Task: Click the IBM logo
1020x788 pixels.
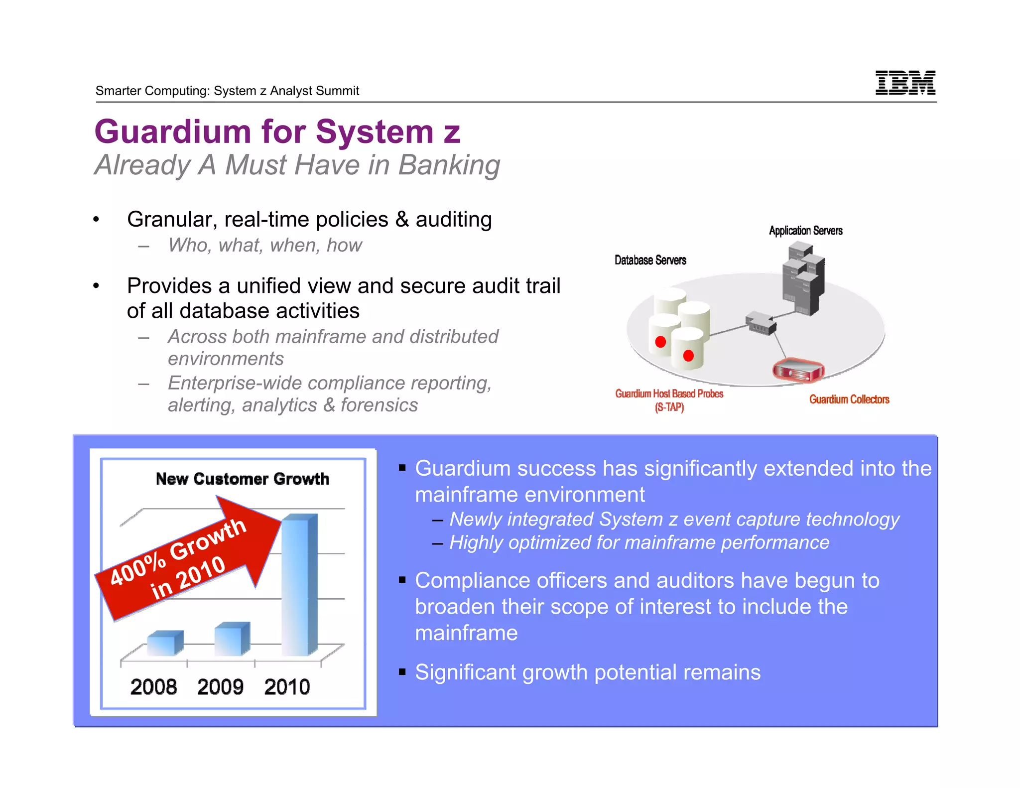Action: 905,82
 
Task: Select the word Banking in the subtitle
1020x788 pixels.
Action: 449,165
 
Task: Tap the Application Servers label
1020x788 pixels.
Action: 805,231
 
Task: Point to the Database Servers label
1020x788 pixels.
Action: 650,260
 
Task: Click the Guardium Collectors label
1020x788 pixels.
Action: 849,399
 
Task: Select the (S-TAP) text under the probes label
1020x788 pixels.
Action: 669,407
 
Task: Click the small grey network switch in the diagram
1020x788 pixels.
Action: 761,324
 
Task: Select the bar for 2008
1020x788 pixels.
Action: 165,643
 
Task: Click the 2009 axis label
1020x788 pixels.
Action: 220,687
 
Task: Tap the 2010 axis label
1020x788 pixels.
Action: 287,687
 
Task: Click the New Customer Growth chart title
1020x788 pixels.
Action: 242,479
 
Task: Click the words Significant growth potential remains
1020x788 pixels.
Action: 587,672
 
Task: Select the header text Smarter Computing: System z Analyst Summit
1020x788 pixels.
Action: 227,91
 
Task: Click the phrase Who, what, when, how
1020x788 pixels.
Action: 264,245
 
